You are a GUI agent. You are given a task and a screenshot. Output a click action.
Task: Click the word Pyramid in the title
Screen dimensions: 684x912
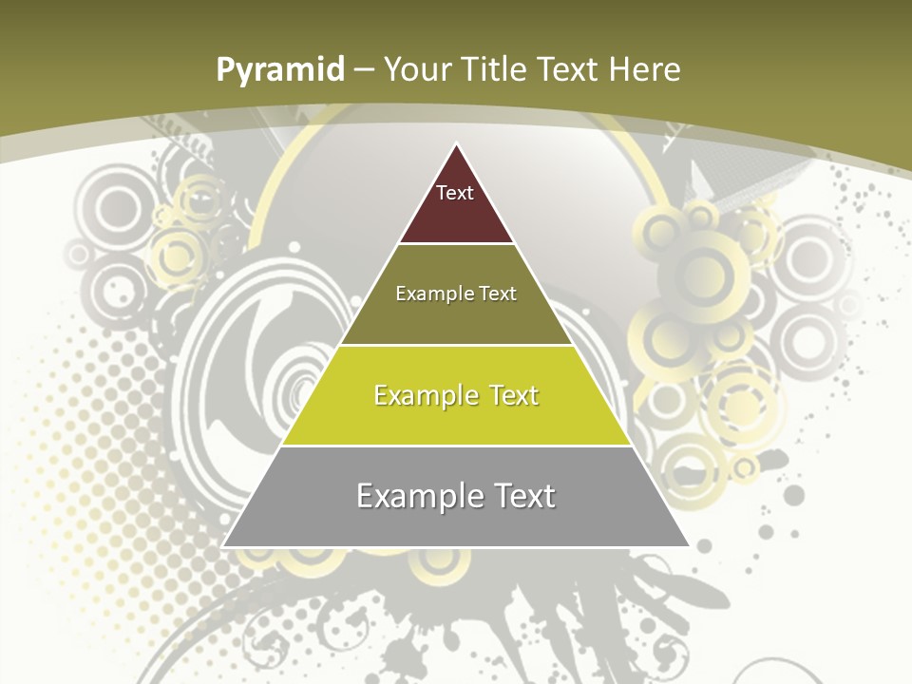[x=280, y=70]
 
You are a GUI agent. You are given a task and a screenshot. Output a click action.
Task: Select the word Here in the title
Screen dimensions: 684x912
[x=645, y=69]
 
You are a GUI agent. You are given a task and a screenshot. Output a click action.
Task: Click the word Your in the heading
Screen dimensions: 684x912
[x=417, y=69]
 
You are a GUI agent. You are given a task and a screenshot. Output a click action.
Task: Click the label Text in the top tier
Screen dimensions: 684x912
[x=455, y=193]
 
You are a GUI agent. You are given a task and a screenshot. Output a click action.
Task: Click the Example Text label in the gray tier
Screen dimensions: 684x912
[x=456, y=496]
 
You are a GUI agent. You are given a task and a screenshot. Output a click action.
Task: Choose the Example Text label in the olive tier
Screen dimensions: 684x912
[x=456, y=294]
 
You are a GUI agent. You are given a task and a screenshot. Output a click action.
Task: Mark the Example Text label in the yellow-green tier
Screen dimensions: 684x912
[x=456, y=395]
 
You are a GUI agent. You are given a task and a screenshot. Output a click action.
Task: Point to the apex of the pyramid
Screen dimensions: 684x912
[x=456, y=145]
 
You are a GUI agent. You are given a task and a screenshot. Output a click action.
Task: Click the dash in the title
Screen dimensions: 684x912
[x=364, y=70]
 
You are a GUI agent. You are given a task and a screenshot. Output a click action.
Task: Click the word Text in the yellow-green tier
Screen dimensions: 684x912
[x=507, y=395]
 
